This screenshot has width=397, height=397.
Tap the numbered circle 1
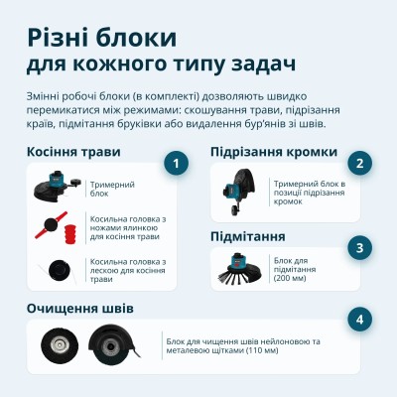click(x=176, y=164)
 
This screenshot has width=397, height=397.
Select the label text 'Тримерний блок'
click(x=125, y=189)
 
